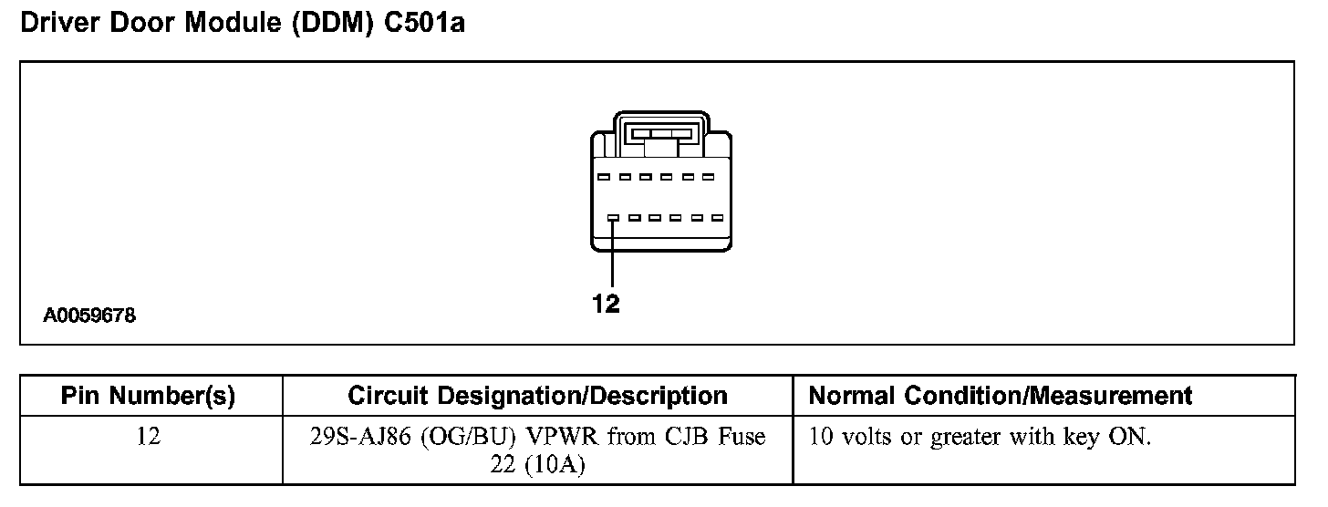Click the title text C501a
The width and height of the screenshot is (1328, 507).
click(x=425, y=24)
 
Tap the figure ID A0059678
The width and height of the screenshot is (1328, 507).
click(x=89, y=316)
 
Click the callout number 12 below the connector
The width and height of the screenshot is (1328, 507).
click(x=606, y=304)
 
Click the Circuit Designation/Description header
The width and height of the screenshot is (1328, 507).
click(x=537, y=396)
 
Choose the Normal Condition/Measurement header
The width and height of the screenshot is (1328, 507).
click(x=1000, y=396)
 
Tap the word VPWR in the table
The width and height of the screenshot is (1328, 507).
click(x=553, y=438)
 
